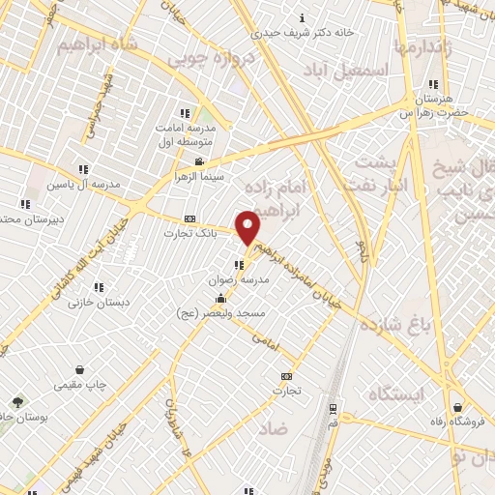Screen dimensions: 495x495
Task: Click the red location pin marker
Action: (248, 227)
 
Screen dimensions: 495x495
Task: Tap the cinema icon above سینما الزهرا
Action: (198, 161)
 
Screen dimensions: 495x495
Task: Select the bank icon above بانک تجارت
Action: (189, 218)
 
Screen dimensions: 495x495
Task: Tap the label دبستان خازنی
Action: (98, 302)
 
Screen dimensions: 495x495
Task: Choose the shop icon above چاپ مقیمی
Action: (79, 369)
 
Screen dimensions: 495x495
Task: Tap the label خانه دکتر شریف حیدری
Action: (303, 31)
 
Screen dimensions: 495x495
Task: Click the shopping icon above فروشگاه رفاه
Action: (457, 407)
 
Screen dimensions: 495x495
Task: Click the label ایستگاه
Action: (395, 393)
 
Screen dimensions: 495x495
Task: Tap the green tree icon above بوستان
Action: (16, 401)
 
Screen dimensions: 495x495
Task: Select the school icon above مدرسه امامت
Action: (186, 114)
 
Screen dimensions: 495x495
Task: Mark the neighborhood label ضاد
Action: (274, 427)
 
